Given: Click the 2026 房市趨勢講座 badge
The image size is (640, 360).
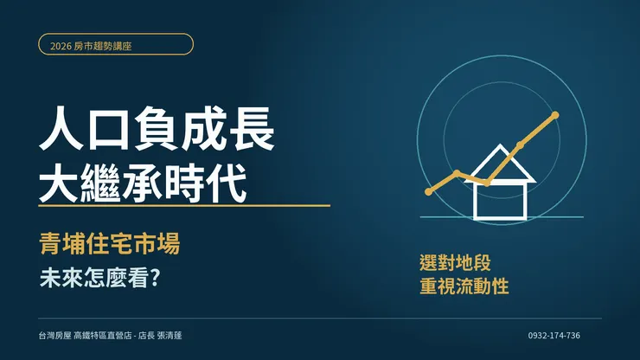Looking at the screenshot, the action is [116, 44].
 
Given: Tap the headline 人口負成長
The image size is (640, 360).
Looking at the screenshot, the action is [157, 129].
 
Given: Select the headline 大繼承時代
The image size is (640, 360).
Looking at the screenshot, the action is [143, 183].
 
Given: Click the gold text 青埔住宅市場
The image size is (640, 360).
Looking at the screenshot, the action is [110, 244].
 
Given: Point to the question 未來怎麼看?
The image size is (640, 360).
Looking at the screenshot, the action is [99, 279].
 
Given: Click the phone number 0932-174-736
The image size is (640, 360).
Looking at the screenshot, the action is [554, 336].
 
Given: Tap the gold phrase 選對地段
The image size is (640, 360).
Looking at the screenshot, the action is [455, 263].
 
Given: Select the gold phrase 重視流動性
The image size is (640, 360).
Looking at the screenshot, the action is [464, 286].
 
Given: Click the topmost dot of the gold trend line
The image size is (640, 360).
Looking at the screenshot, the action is [555, 115].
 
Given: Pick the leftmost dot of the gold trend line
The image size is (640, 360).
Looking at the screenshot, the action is [428, 191].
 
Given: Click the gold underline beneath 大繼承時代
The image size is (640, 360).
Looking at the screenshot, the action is [184, 206].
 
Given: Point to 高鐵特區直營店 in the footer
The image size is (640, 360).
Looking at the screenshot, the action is [103, 336].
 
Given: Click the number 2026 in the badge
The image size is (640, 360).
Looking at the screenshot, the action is [61, 46].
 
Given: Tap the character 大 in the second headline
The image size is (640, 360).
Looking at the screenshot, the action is [58, 183].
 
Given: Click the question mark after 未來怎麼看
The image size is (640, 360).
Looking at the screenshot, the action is [155, 278].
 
